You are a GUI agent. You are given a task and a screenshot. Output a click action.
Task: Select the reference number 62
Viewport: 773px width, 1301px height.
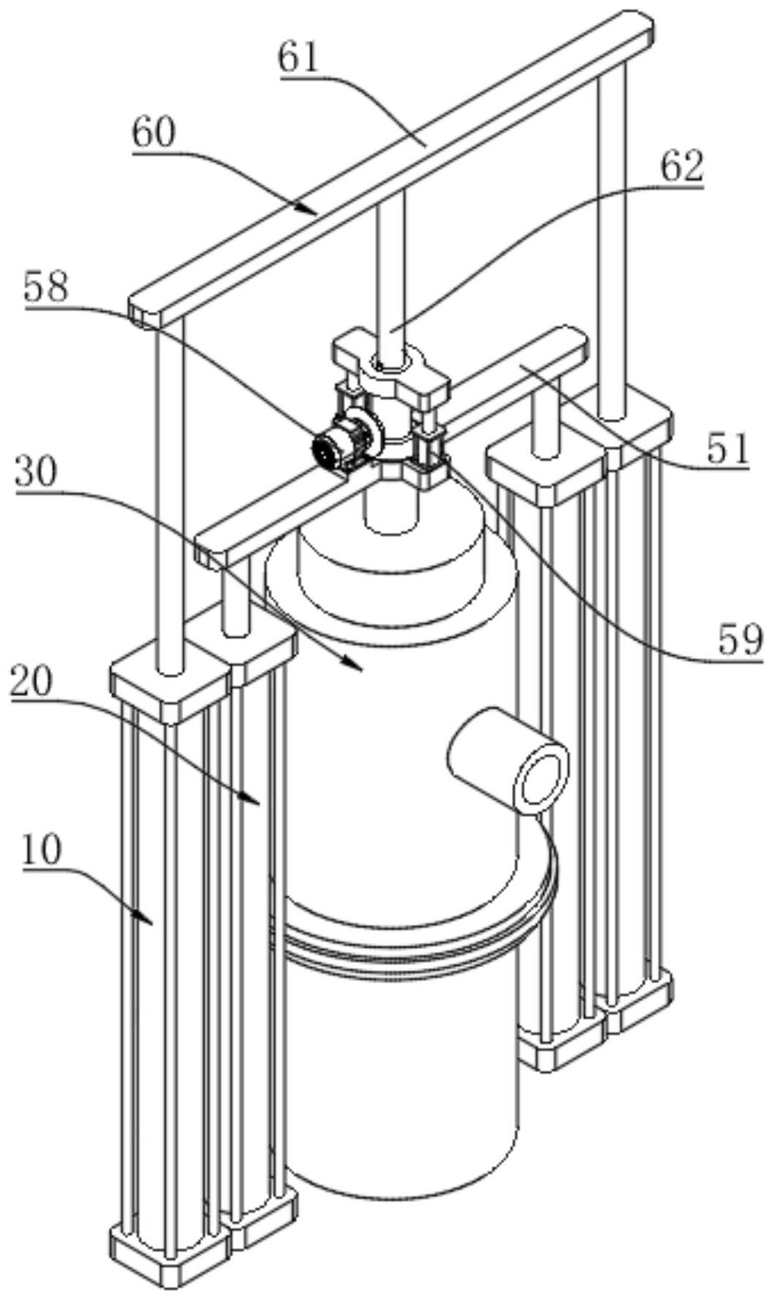click(x=682, y=167)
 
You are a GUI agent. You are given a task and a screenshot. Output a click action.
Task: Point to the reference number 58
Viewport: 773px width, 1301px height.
click(x=47, y=286)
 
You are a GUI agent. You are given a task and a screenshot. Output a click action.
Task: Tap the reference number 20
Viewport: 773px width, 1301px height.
click(x=33, y=682)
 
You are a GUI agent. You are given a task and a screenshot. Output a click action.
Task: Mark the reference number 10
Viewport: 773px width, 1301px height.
click(x=42, y=850)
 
